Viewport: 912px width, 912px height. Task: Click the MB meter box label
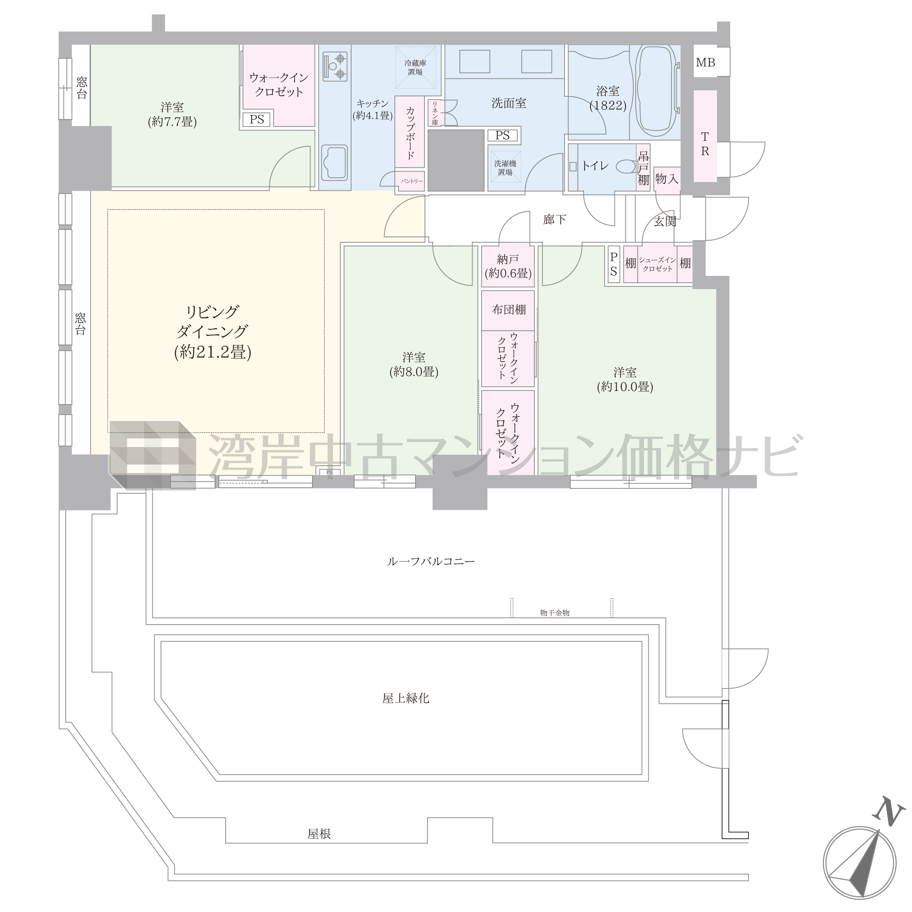pos(705,62)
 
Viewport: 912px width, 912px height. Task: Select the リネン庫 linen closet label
pos(435,113)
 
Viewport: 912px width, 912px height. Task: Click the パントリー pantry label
pos(412,181)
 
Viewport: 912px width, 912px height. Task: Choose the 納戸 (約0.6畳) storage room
pos(508,266)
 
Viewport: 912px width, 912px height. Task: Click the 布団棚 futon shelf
pos(508,310)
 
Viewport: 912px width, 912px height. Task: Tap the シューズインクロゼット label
pos(657,264)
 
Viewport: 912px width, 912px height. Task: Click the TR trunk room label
pos(705,144)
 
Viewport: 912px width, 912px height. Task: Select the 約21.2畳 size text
pos(212,352)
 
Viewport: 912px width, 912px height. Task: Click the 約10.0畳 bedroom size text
pos(625,387)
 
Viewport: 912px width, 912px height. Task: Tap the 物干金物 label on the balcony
pos(555,613)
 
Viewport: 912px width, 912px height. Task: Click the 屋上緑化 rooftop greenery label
pos(406,698)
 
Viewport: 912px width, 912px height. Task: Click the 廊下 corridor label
pos(555,220)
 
